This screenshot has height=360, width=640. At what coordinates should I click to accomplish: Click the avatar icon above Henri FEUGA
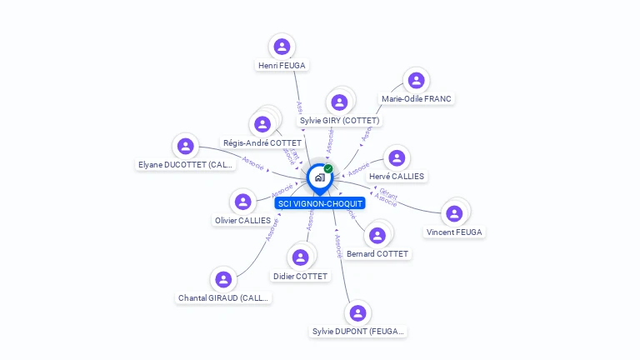[x=282, y=47]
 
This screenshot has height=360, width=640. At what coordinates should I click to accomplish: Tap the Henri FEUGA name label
[x=282, y=65]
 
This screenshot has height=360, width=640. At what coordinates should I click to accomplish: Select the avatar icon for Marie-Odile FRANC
[x=416, y=81]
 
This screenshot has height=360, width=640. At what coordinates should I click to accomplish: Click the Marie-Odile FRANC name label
[x=416, y=98]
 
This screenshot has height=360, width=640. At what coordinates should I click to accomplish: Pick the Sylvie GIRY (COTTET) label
[x=339, y=121]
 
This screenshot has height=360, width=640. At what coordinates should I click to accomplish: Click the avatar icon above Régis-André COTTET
[x=262, y=125]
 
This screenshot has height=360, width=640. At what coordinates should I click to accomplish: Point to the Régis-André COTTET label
[x=262, y=143]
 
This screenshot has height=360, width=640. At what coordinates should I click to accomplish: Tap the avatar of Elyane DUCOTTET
[x=186, y=147]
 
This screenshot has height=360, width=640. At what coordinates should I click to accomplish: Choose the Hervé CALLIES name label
[x=396, y=177]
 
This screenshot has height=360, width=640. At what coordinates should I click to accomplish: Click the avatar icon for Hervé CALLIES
[x=397, y=158]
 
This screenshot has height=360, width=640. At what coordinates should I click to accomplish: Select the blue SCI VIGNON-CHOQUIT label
[x=320, y=203]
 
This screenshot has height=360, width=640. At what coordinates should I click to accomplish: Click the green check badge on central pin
[x=328, y=169]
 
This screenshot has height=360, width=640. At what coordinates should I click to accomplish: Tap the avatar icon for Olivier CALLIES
[x=242, y=202]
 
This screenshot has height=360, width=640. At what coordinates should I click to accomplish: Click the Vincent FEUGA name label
[x=454, y=232]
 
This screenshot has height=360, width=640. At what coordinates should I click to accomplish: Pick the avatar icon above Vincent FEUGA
[x=454, y=213]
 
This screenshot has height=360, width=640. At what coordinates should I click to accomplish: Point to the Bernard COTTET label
[x=377, y=253]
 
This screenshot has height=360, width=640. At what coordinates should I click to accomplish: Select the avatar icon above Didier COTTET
[x=301, y=257]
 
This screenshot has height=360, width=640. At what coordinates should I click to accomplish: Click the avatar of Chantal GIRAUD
[x=223, y=280]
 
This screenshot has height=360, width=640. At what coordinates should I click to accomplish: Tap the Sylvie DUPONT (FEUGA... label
[x=358, y=331]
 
